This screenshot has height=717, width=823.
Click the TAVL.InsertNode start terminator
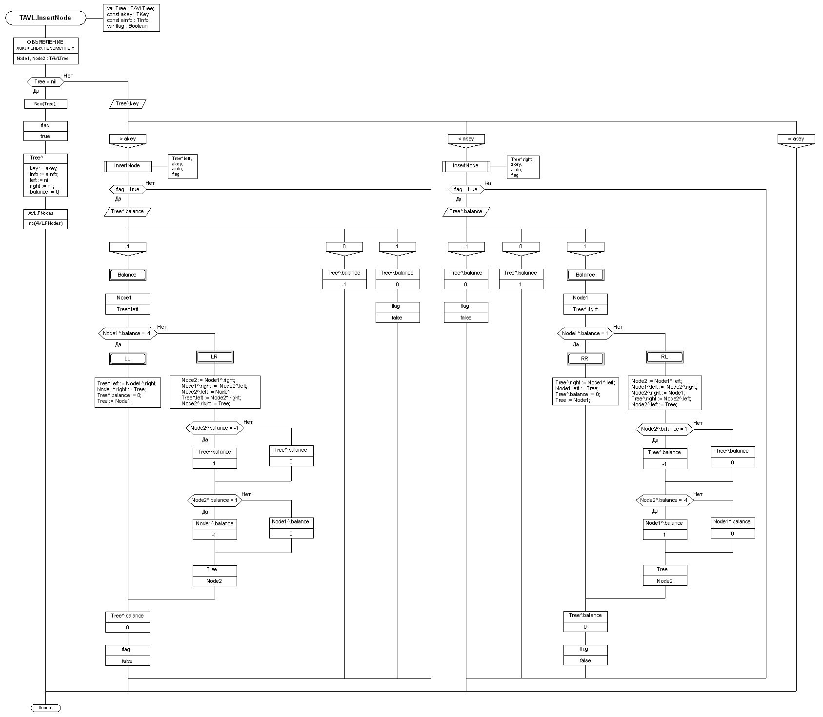point(45,18)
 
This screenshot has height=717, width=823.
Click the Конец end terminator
point(45,708)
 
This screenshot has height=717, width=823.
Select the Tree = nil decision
point(45,81)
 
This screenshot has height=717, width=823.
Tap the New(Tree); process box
point(45,104)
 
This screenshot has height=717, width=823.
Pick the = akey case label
point(796,139)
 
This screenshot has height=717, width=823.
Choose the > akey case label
point(128,139)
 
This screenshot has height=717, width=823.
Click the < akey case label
point(466,139)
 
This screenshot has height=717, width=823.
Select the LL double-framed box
point(128,358)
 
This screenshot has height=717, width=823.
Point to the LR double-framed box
point(215,357)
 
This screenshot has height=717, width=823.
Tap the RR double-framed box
point(585,358)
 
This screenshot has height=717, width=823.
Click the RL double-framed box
point(664,357)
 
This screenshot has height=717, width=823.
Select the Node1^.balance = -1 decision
point(128,334)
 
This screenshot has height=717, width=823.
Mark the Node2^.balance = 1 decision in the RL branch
point(664,429)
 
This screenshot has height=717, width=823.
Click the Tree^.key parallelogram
point(128,103)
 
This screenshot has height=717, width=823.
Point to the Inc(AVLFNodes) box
point(45,224)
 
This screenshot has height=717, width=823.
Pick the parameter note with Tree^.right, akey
point(522,167)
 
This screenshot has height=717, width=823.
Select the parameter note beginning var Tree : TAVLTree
point(131,18)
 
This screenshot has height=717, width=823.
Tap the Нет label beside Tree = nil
point(68,76)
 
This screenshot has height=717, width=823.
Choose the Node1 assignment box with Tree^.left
point(128,303)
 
